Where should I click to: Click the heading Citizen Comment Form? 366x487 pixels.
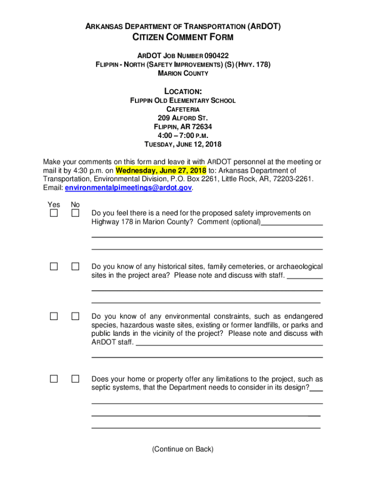[x=183, y=38]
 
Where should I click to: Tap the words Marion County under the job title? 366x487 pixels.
[x=183, y=73]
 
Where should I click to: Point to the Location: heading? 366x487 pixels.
[x=183, y=91]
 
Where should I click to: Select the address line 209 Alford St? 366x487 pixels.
[x=183, y=118]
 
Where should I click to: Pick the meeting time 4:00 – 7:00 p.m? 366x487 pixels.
[x=183, y=136]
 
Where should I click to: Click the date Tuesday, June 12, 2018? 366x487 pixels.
[x=183, y=144]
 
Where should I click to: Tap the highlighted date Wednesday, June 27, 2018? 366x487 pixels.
[x=161, y=170]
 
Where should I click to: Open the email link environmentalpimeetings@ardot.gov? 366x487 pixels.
[x=128, y=188]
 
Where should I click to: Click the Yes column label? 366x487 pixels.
[x=54, y=205]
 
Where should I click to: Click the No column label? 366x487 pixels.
[x=75, y=205]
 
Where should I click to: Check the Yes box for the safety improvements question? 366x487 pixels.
[x=54, y=213]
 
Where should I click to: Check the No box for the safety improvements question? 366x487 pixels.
[x=76, y=213]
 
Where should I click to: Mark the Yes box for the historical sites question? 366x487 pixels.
[x=54, y=267]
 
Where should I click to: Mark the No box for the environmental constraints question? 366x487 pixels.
[x=76, y=316]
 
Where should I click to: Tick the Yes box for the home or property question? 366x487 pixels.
[x=54, y=379]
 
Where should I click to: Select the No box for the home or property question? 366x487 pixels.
[x=76, y=379]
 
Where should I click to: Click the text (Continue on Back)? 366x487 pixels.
[x=183, y=449]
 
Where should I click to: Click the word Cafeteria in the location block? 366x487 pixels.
[x=183, y=109]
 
